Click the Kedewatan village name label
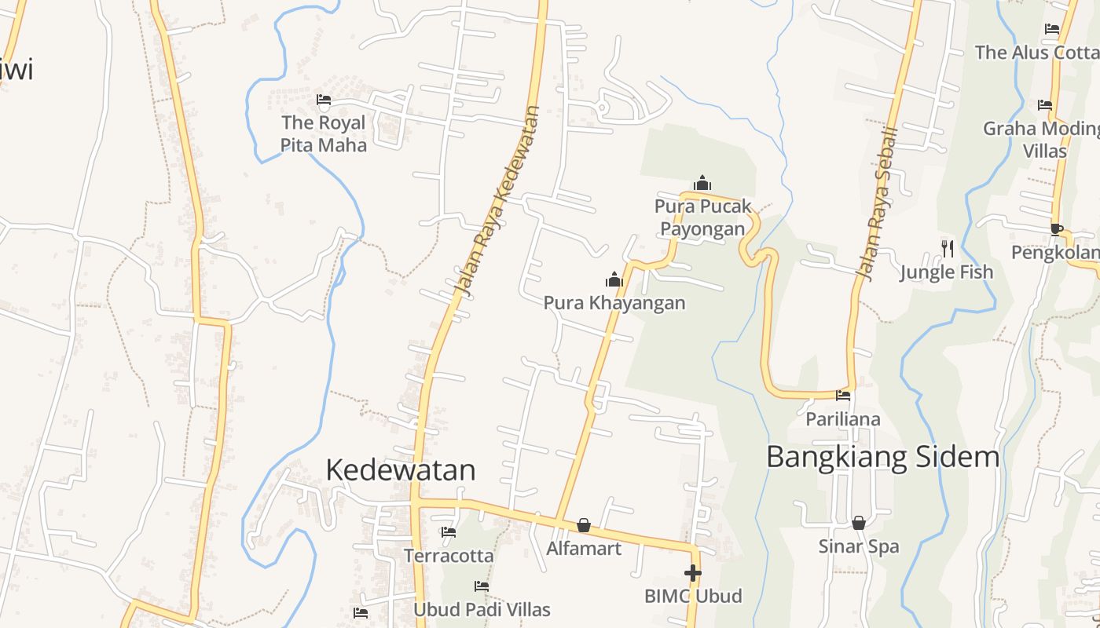pos(401,470)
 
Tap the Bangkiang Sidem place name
pos(882,457)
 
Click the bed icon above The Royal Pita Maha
pos(323,100)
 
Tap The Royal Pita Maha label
pos(324,133)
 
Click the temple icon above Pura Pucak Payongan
pos(702,184)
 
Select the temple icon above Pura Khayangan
pos(614,279)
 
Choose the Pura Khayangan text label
pos(614,303)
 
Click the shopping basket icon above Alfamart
pos(584,525)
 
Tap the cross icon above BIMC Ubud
pos(692,573)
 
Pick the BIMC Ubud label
pos(693,596)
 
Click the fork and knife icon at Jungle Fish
pos(948,249)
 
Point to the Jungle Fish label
pos(947,272)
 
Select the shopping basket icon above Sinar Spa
pos(859,523)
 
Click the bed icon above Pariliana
pos(843,396)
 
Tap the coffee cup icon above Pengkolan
pos(1057,229)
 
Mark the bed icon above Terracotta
pos(449,532)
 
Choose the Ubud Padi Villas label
pos(482,609)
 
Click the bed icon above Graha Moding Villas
pos(1044,104)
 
